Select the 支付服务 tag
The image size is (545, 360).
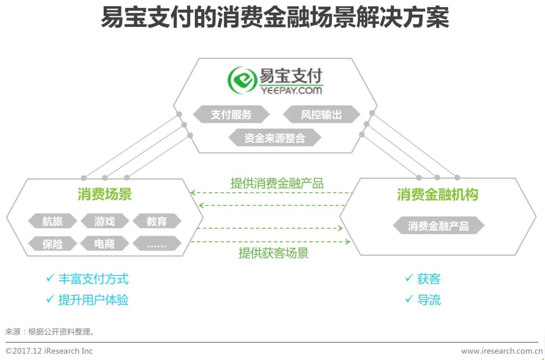tap(231, 115)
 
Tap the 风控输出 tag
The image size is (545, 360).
tap(321, 115)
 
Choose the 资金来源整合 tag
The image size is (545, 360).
tap(275, 138)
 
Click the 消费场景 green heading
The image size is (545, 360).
tap(105, 194)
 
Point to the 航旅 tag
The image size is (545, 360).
tap(52, 221)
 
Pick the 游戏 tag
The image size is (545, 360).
tap(105, 221)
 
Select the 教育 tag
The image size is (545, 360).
tap(157, 221)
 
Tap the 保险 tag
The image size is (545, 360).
tap(52, 244)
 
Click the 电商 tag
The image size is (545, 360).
tap(105, 244)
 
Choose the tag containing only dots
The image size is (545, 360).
tap(157, 244)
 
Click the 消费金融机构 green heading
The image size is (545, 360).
tap(437, 195)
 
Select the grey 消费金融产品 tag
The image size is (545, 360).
tap(438, 226)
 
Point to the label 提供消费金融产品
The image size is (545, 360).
tap(277, 183)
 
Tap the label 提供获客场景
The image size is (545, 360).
tap(273, 253)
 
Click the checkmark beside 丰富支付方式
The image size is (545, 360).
tap(50, 278)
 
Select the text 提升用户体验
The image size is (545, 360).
tap(93, 300)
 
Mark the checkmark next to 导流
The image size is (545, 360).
tap(409, 299)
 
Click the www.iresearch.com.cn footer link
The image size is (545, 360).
tap(502, 351)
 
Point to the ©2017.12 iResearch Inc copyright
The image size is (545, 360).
tap(49, 351)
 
